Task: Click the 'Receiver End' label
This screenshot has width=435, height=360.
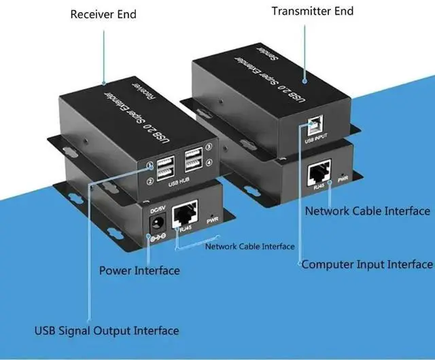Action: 103,14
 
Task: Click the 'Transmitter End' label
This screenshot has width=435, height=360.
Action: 313,11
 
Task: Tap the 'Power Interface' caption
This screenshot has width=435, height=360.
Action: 139,270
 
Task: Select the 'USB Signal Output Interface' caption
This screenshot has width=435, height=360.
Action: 107,331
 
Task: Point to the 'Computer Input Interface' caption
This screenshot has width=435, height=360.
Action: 366,264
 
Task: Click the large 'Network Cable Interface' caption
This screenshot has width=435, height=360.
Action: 368,211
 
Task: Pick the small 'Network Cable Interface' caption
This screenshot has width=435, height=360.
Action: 250,247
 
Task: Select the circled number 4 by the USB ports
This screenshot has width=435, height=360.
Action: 209,162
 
